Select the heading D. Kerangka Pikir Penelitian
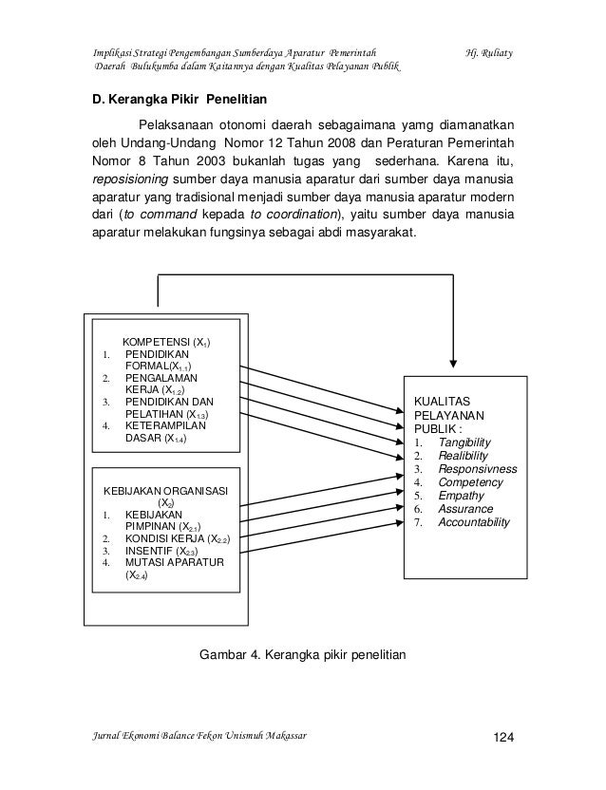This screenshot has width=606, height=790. [179, 99]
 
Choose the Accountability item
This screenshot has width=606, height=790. [474, 522]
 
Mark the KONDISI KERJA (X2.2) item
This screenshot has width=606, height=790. [181, 537]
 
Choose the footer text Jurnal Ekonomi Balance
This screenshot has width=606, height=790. [152, 736]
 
